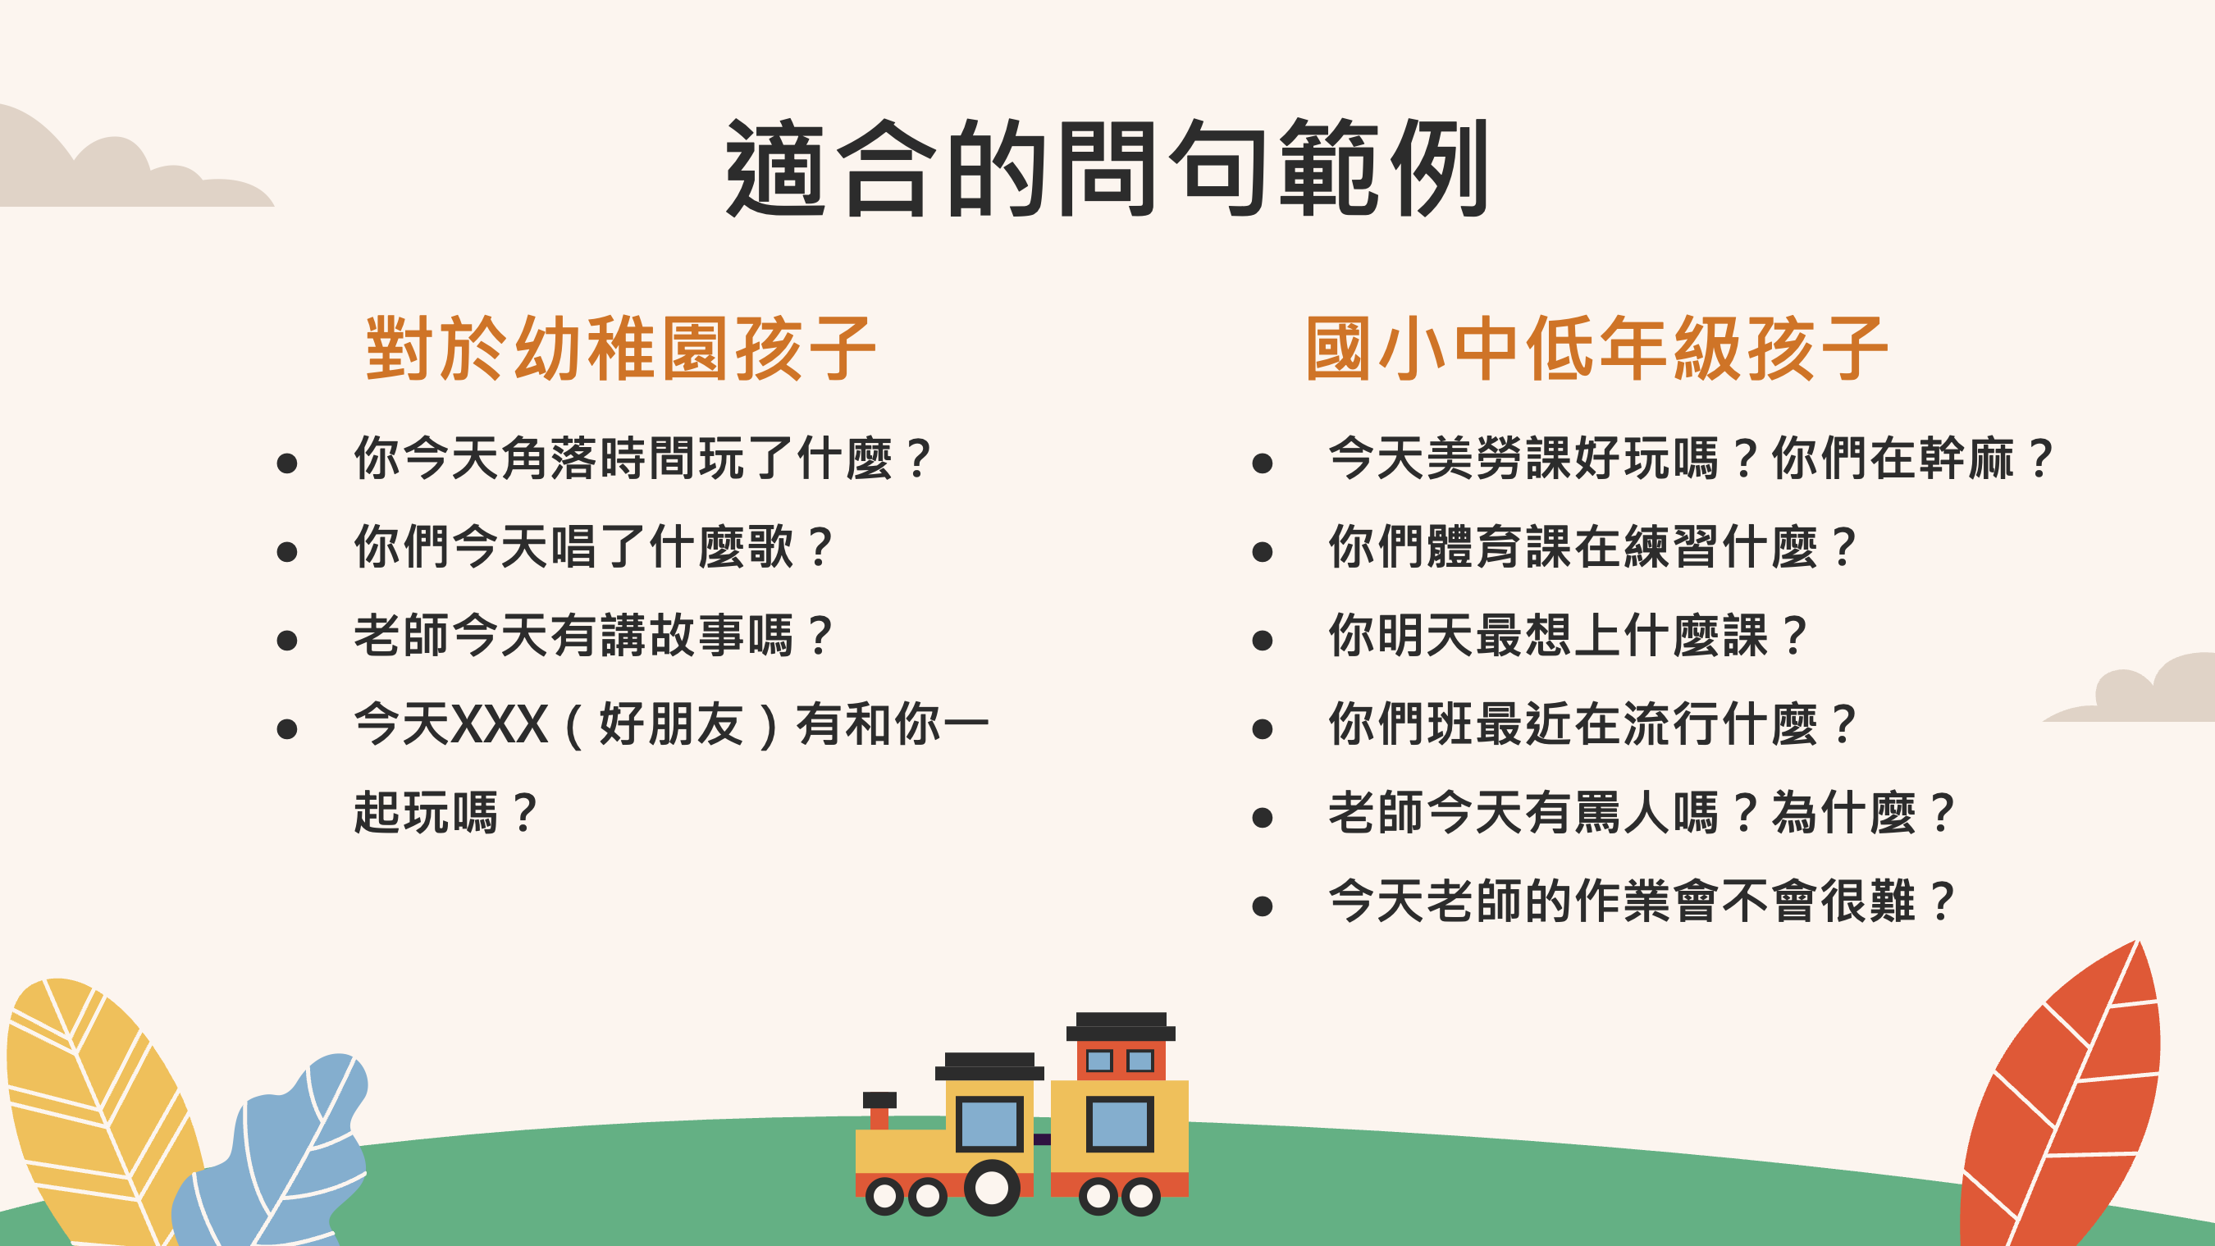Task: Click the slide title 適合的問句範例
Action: tap(1107, 167)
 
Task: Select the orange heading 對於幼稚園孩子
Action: tap(621, 349)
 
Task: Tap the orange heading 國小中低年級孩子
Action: tap(1596, 349)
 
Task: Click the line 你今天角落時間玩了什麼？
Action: tap(643, 459)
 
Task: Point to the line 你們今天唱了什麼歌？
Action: tap(594, 547)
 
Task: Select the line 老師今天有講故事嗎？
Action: tap(594, 636)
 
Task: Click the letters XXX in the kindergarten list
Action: tap(500, 724)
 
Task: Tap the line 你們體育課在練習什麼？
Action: tap(1593, 547)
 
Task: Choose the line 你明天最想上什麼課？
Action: tap(1569, 636)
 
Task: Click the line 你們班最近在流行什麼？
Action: tap(1593, 724)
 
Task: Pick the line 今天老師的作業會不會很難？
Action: tap(1642, 901)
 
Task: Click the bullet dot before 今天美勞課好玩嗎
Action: tap(1263, 463)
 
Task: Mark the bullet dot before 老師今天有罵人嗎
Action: tap(1263, 818)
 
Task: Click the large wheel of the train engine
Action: tap(993, 1188)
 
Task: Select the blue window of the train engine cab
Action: tap(989, 1124)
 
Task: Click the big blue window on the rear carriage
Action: tap(1120, 1124)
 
